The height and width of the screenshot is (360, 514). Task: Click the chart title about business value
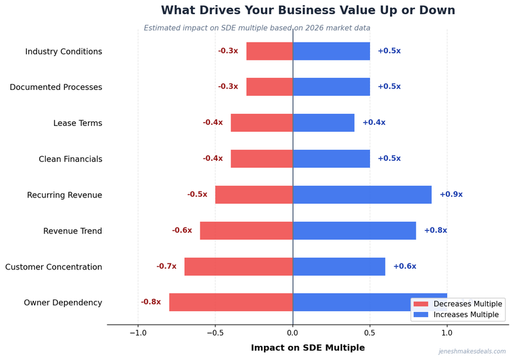(308, 10)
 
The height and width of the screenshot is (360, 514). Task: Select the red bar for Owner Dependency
(231, 302)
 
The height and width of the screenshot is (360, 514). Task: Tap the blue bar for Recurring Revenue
(362, 194)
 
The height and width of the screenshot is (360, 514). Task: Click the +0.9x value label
(450, 194)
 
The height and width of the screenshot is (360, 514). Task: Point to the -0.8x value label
(151, 302)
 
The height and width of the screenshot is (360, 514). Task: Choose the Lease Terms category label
(77, 123)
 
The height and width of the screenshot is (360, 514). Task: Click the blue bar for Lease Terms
(323, 123)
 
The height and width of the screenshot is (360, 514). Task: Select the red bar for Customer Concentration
(238, 266)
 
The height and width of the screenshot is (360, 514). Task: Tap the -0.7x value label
(166, 266)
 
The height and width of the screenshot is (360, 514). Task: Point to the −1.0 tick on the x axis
(137, 333)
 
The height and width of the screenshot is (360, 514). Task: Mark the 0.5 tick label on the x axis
(370, 333)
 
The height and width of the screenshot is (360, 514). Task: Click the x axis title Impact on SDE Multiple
(308, 348)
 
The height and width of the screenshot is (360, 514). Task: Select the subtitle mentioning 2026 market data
(257, 28)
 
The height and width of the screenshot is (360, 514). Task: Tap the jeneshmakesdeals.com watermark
(472, 352)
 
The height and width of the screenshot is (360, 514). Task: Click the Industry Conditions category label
(64, 51)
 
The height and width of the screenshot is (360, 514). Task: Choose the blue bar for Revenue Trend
(354, 230)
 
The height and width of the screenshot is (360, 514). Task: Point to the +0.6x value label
(404, 266)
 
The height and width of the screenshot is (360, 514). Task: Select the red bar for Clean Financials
(261, 158)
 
